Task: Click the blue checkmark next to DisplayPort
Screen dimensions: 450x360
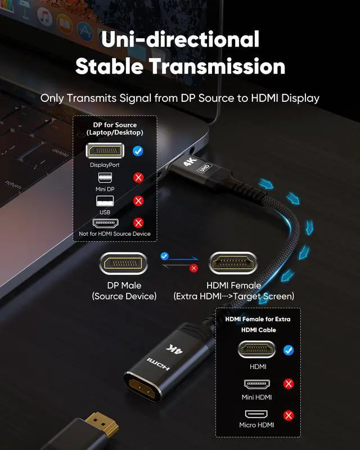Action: (x=138, y=151)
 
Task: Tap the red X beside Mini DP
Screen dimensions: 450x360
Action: (x=138, y=178)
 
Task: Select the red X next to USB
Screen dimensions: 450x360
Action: (x=138, y=200)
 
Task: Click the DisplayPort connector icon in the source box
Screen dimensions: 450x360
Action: (x=104, y=151)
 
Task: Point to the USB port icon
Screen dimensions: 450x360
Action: (x=104, y=201)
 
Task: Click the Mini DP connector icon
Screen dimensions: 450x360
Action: (x=104, y=177)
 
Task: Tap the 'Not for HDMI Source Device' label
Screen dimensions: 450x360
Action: (x=115, y=233)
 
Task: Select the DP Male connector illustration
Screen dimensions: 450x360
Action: (x=124, y=263)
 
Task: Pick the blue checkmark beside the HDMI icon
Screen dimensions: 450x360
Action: (x=289, y=350)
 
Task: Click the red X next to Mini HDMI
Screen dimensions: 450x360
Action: (x=289, y=384)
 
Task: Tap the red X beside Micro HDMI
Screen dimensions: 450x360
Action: (x=289, y=416)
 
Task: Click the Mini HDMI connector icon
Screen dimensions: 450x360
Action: (x=256, y=384)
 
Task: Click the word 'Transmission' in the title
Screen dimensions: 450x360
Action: (x=216, y=66)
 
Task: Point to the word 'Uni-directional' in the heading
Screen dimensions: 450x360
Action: (x=180, y=39)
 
